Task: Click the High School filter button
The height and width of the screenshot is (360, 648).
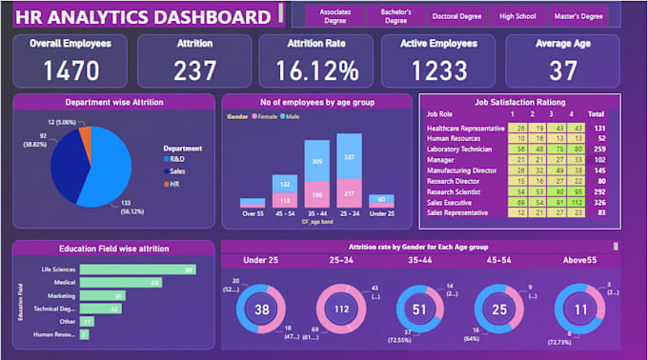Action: coord(518,16)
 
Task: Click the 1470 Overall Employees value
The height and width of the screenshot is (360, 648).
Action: coord(71,70)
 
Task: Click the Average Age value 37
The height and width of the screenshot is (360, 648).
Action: coord(564,70)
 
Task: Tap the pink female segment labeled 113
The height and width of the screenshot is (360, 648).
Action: coord(285,200)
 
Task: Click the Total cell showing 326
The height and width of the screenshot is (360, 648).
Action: coord(598,202)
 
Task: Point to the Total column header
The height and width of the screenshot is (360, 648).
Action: coord(597,114)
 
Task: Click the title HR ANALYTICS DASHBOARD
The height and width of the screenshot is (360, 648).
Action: coord(143,17)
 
